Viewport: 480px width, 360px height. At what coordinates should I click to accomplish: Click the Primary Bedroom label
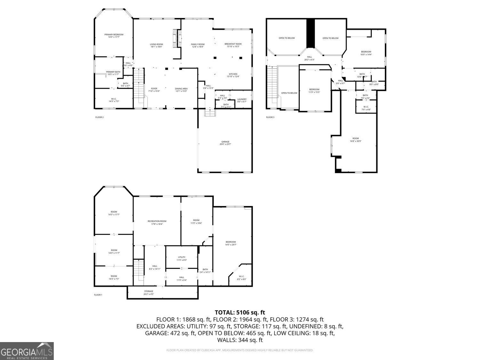pyautogui.click(x=114, y=36)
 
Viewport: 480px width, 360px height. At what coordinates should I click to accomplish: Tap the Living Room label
pyautogui.click(x=156, y=45)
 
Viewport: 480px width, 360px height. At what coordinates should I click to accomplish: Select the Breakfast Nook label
pyautogui.click(x=233, y=45)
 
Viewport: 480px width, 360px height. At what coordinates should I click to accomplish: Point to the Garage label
pyautogui.click(x=225, y=143)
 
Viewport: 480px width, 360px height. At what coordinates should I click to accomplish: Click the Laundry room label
pyautogui.click(x=242, y=100)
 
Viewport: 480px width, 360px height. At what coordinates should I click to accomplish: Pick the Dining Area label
pyautogui.click(x=181, y=90)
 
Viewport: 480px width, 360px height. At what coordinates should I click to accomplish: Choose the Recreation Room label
pyautogui.click(x=157, y=222)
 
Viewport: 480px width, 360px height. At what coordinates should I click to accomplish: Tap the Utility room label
pyautogui.click(x=181, y=258)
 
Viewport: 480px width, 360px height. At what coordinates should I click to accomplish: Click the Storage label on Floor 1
pyautogui.click(x=148, y=292)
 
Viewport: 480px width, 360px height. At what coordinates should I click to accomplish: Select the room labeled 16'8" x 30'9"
pyautogui.click(x=356, y=140)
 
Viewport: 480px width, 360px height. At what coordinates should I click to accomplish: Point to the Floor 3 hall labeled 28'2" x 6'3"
pyautogui.click(x=309, y=58)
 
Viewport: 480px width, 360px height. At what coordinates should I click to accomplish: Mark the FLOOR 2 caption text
pyautogui.click(x=100, y=117)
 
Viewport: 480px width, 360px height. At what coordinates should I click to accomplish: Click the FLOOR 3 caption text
pyautogui.click(x=270, y=117)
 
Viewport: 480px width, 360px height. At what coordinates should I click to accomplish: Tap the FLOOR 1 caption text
pyautogui.click(x=98, y=295)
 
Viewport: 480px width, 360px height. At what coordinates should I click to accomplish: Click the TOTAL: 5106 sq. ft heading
pyautogui.click(x=240, y=312)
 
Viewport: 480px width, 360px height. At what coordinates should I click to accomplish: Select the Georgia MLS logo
pyautogui.click(x=27, y=351)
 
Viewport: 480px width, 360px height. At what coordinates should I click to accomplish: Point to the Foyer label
pyautogui.click(x=154, y=90)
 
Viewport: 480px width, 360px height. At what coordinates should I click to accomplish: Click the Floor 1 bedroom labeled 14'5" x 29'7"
pyautogui.click(x=231, y=243)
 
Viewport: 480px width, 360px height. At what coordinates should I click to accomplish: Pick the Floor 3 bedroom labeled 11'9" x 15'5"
pyautogui.click(x=314, y=91)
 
